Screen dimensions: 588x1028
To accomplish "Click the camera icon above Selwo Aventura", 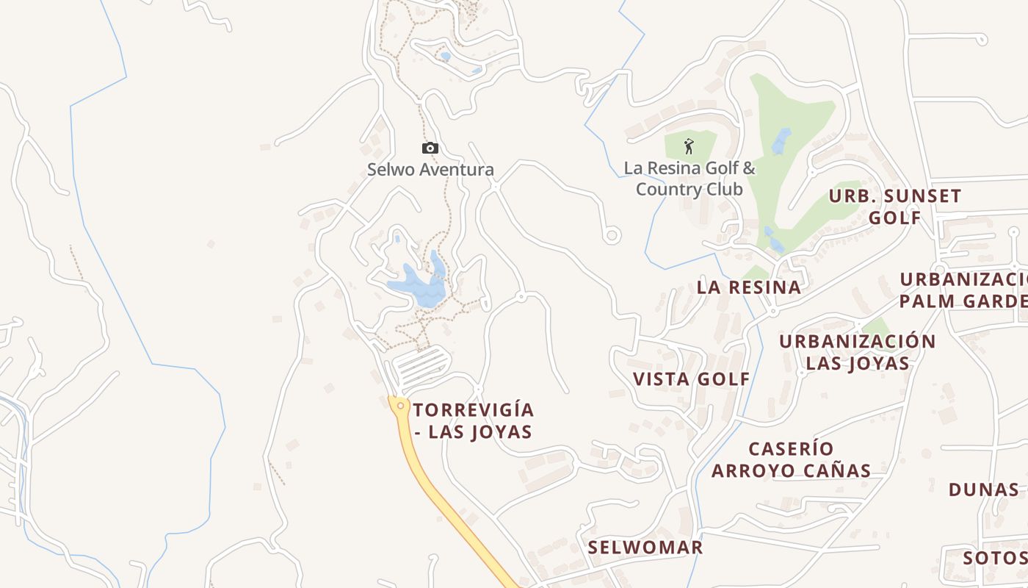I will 430,148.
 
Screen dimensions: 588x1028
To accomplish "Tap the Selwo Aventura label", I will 430,170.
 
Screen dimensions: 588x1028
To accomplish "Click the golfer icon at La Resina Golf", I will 689,146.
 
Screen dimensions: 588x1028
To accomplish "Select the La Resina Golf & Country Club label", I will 689,179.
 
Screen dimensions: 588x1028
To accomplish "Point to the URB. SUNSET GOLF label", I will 895,207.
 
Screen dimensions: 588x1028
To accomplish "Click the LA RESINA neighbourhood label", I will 748,287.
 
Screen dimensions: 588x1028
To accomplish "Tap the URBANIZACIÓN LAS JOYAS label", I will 858,352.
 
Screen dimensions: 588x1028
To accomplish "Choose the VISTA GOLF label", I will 691,379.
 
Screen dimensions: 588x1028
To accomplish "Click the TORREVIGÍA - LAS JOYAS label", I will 473,420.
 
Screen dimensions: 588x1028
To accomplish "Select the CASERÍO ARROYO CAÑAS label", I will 791,459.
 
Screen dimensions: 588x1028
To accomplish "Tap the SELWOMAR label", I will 645,548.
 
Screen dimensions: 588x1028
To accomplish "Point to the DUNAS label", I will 984,490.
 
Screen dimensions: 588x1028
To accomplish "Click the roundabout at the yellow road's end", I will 400,405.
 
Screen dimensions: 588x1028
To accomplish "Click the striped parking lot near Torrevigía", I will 421,367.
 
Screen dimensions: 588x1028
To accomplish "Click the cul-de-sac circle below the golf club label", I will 612,235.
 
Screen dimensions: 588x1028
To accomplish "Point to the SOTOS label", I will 993,558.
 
